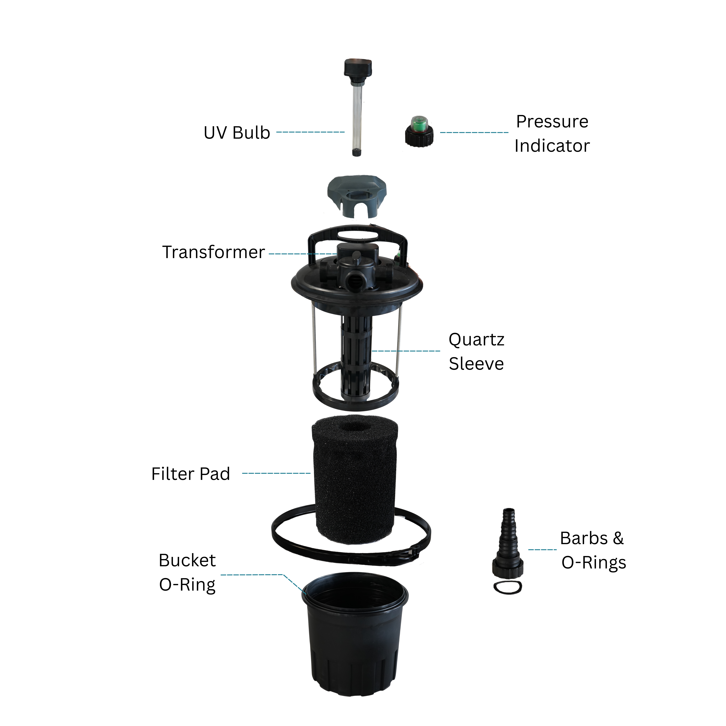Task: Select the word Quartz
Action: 476,340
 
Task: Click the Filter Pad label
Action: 191,474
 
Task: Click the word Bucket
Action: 187,560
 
